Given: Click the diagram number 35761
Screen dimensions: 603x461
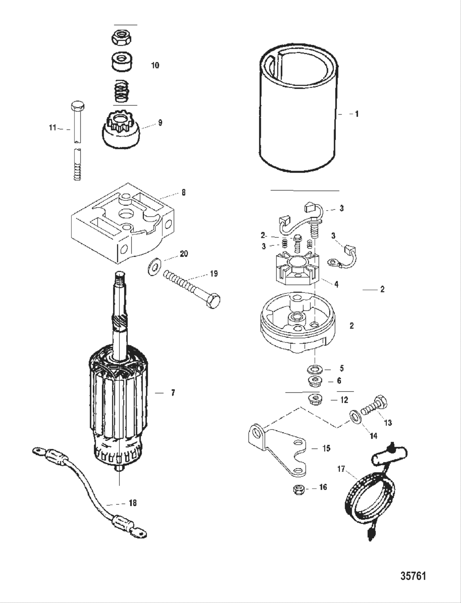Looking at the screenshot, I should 413,575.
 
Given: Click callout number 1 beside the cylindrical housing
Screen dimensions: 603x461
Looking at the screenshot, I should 356,114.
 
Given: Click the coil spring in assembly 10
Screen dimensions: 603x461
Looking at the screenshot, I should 121,91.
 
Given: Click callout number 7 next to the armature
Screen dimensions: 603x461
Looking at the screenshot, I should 173,393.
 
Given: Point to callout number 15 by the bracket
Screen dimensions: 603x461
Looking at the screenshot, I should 326,448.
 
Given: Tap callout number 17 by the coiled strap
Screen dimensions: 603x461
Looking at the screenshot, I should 341,469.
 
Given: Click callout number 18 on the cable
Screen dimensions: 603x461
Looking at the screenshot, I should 133,503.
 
